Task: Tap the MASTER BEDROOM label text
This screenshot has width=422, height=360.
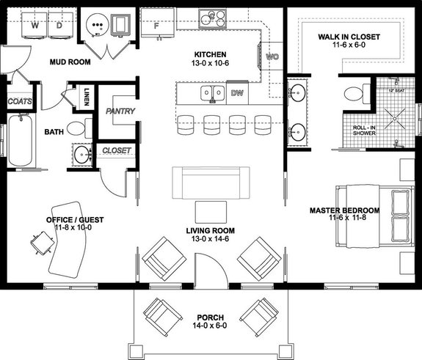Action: pyautogui.click(x=344, y=210)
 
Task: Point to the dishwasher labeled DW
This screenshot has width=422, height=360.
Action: pyautogui.click(x=237, y=93)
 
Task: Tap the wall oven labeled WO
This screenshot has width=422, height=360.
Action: pyautogui.click(x=269, y=56)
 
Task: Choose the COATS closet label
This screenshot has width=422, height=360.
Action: pyautogui.click(x=18, y=101)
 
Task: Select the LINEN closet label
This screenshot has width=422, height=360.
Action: pyautogui.click(x=87, y=95)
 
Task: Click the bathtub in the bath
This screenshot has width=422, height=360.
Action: pyautogui.click(x=21, y=139)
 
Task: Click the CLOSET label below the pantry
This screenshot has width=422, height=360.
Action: pyautogui.click(x=117, y=150)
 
